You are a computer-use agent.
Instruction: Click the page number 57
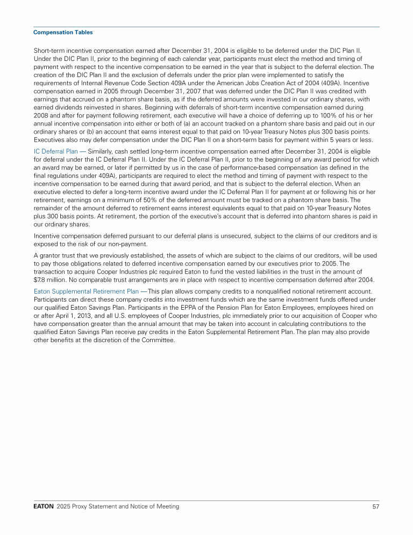pos(376,506)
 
